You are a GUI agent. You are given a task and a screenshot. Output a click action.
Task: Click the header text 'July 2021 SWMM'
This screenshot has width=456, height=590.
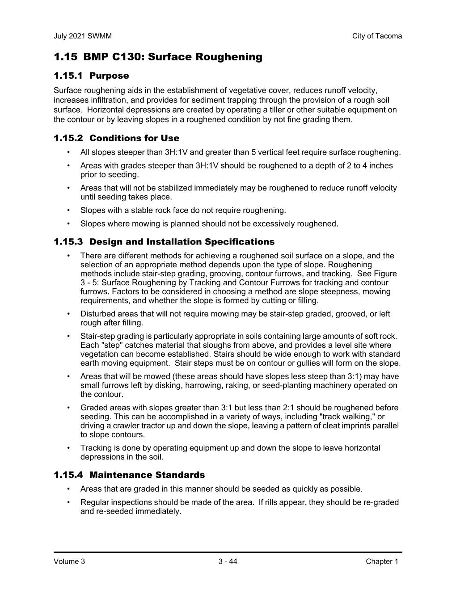tap(83, 36)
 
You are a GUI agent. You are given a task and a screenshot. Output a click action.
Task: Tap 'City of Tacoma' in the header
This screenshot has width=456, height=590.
tap(377, 36)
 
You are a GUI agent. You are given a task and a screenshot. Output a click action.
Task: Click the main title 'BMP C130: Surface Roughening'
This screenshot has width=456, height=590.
tap(173, 57)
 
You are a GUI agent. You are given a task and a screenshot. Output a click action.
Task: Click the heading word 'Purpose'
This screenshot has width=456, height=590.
tap(109, 76)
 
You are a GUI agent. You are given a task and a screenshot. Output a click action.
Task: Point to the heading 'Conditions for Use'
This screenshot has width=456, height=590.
tap(134, 138)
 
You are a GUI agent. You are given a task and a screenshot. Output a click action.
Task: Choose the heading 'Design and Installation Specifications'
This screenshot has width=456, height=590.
tap(182, 242)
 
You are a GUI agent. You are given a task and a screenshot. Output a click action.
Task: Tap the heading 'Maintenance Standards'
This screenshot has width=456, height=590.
tap(147, 475)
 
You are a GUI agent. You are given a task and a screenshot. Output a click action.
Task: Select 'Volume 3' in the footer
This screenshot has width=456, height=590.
tap(69, 562)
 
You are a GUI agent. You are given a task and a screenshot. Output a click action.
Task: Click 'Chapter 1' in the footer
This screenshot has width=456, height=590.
tap(382, 562)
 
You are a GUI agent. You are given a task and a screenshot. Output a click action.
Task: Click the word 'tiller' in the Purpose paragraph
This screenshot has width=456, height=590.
tap(280, 110)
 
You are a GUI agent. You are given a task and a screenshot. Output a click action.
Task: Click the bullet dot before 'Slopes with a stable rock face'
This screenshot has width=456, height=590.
tap(68, 210)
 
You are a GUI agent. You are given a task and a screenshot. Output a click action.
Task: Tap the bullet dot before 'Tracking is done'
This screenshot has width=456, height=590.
tap(68, 448)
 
